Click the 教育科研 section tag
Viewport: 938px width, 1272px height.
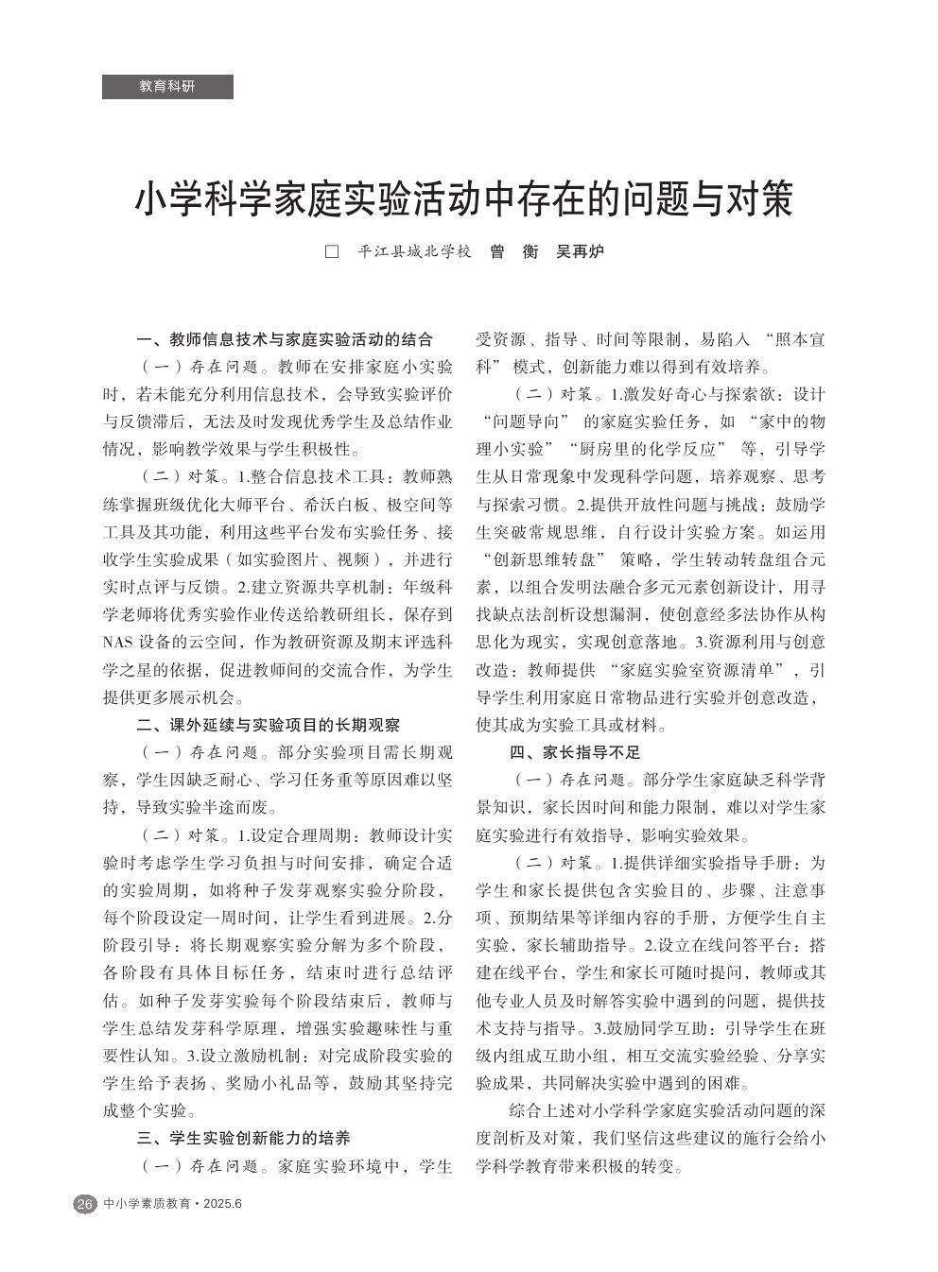pyautogui.click(x=167, y=86)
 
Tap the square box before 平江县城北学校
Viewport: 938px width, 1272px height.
pyautogui.click(x=332, y=252)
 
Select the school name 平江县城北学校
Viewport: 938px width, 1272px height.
pyautogui.click(x=414, y=252)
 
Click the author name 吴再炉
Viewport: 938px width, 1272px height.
pyautogui.click(x=580, y=252)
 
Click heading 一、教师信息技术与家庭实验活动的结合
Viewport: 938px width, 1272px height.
pyautogui.click(x=285, y=339)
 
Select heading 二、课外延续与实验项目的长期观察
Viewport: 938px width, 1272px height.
pyautogui.click(x=268, y=726)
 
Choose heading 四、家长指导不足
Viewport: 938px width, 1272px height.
pyautogui.click(x=575, y=753)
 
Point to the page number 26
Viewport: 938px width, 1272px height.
pyautogui.click(x=84, y=1204)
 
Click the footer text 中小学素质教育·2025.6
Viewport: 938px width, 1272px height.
pyautogui.click(x=173, y=1204)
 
